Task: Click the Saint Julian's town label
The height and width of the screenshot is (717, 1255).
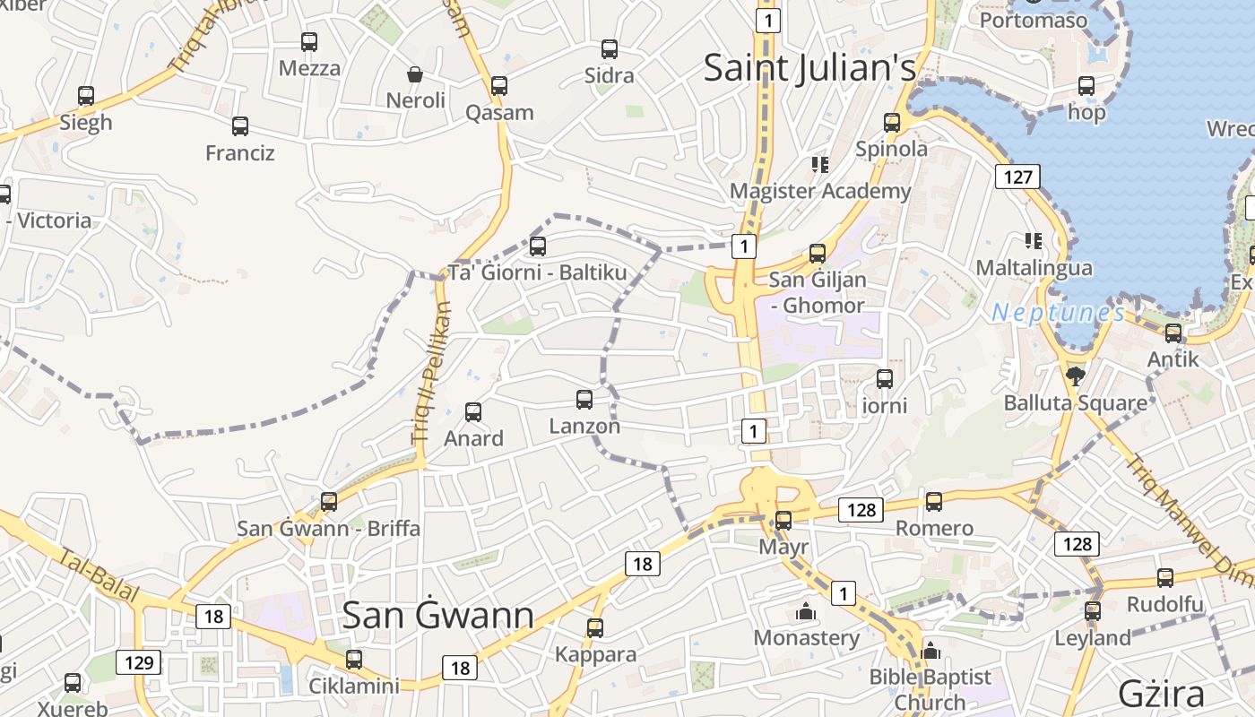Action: point(809,68)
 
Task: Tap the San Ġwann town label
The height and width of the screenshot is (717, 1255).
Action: point(438,615)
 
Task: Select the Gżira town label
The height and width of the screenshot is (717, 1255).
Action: point(1161,694)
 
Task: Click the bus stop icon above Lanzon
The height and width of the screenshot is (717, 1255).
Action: point(584,399)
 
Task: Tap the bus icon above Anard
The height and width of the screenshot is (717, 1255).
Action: point(473,412)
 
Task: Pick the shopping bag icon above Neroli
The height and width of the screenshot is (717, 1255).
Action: point(415,73)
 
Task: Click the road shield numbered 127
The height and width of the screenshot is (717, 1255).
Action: point(1017,176)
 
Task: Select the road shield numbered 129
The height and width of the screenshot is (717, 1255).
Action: point(138,663)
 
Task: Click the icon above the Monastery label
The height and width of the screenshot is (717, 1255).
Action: point(806,612)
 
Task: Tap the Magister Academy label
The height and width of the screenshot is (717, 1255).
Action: point(819,191)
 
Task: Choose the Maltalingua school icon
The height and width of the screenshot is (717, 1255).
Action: point(1034,240)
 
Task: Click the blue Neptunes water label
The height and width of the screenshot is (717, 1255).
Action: point(1058,313)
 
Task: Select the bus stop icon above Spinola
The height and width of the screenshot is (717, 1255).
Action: point(891,123)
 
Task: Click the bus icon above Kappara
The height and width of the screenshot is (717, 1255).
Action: point(595,627)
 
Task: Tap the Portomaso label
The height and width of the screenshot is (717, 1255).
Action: point(1033,20)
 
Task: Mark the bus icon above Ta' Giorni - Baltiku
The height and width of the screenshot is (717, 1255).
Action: point(538,246)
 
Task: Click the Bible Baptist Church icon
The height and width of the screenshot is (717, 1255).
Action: point(930,651)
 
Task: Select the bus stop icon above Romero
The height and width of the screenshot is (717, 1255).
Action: point(934,502)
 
